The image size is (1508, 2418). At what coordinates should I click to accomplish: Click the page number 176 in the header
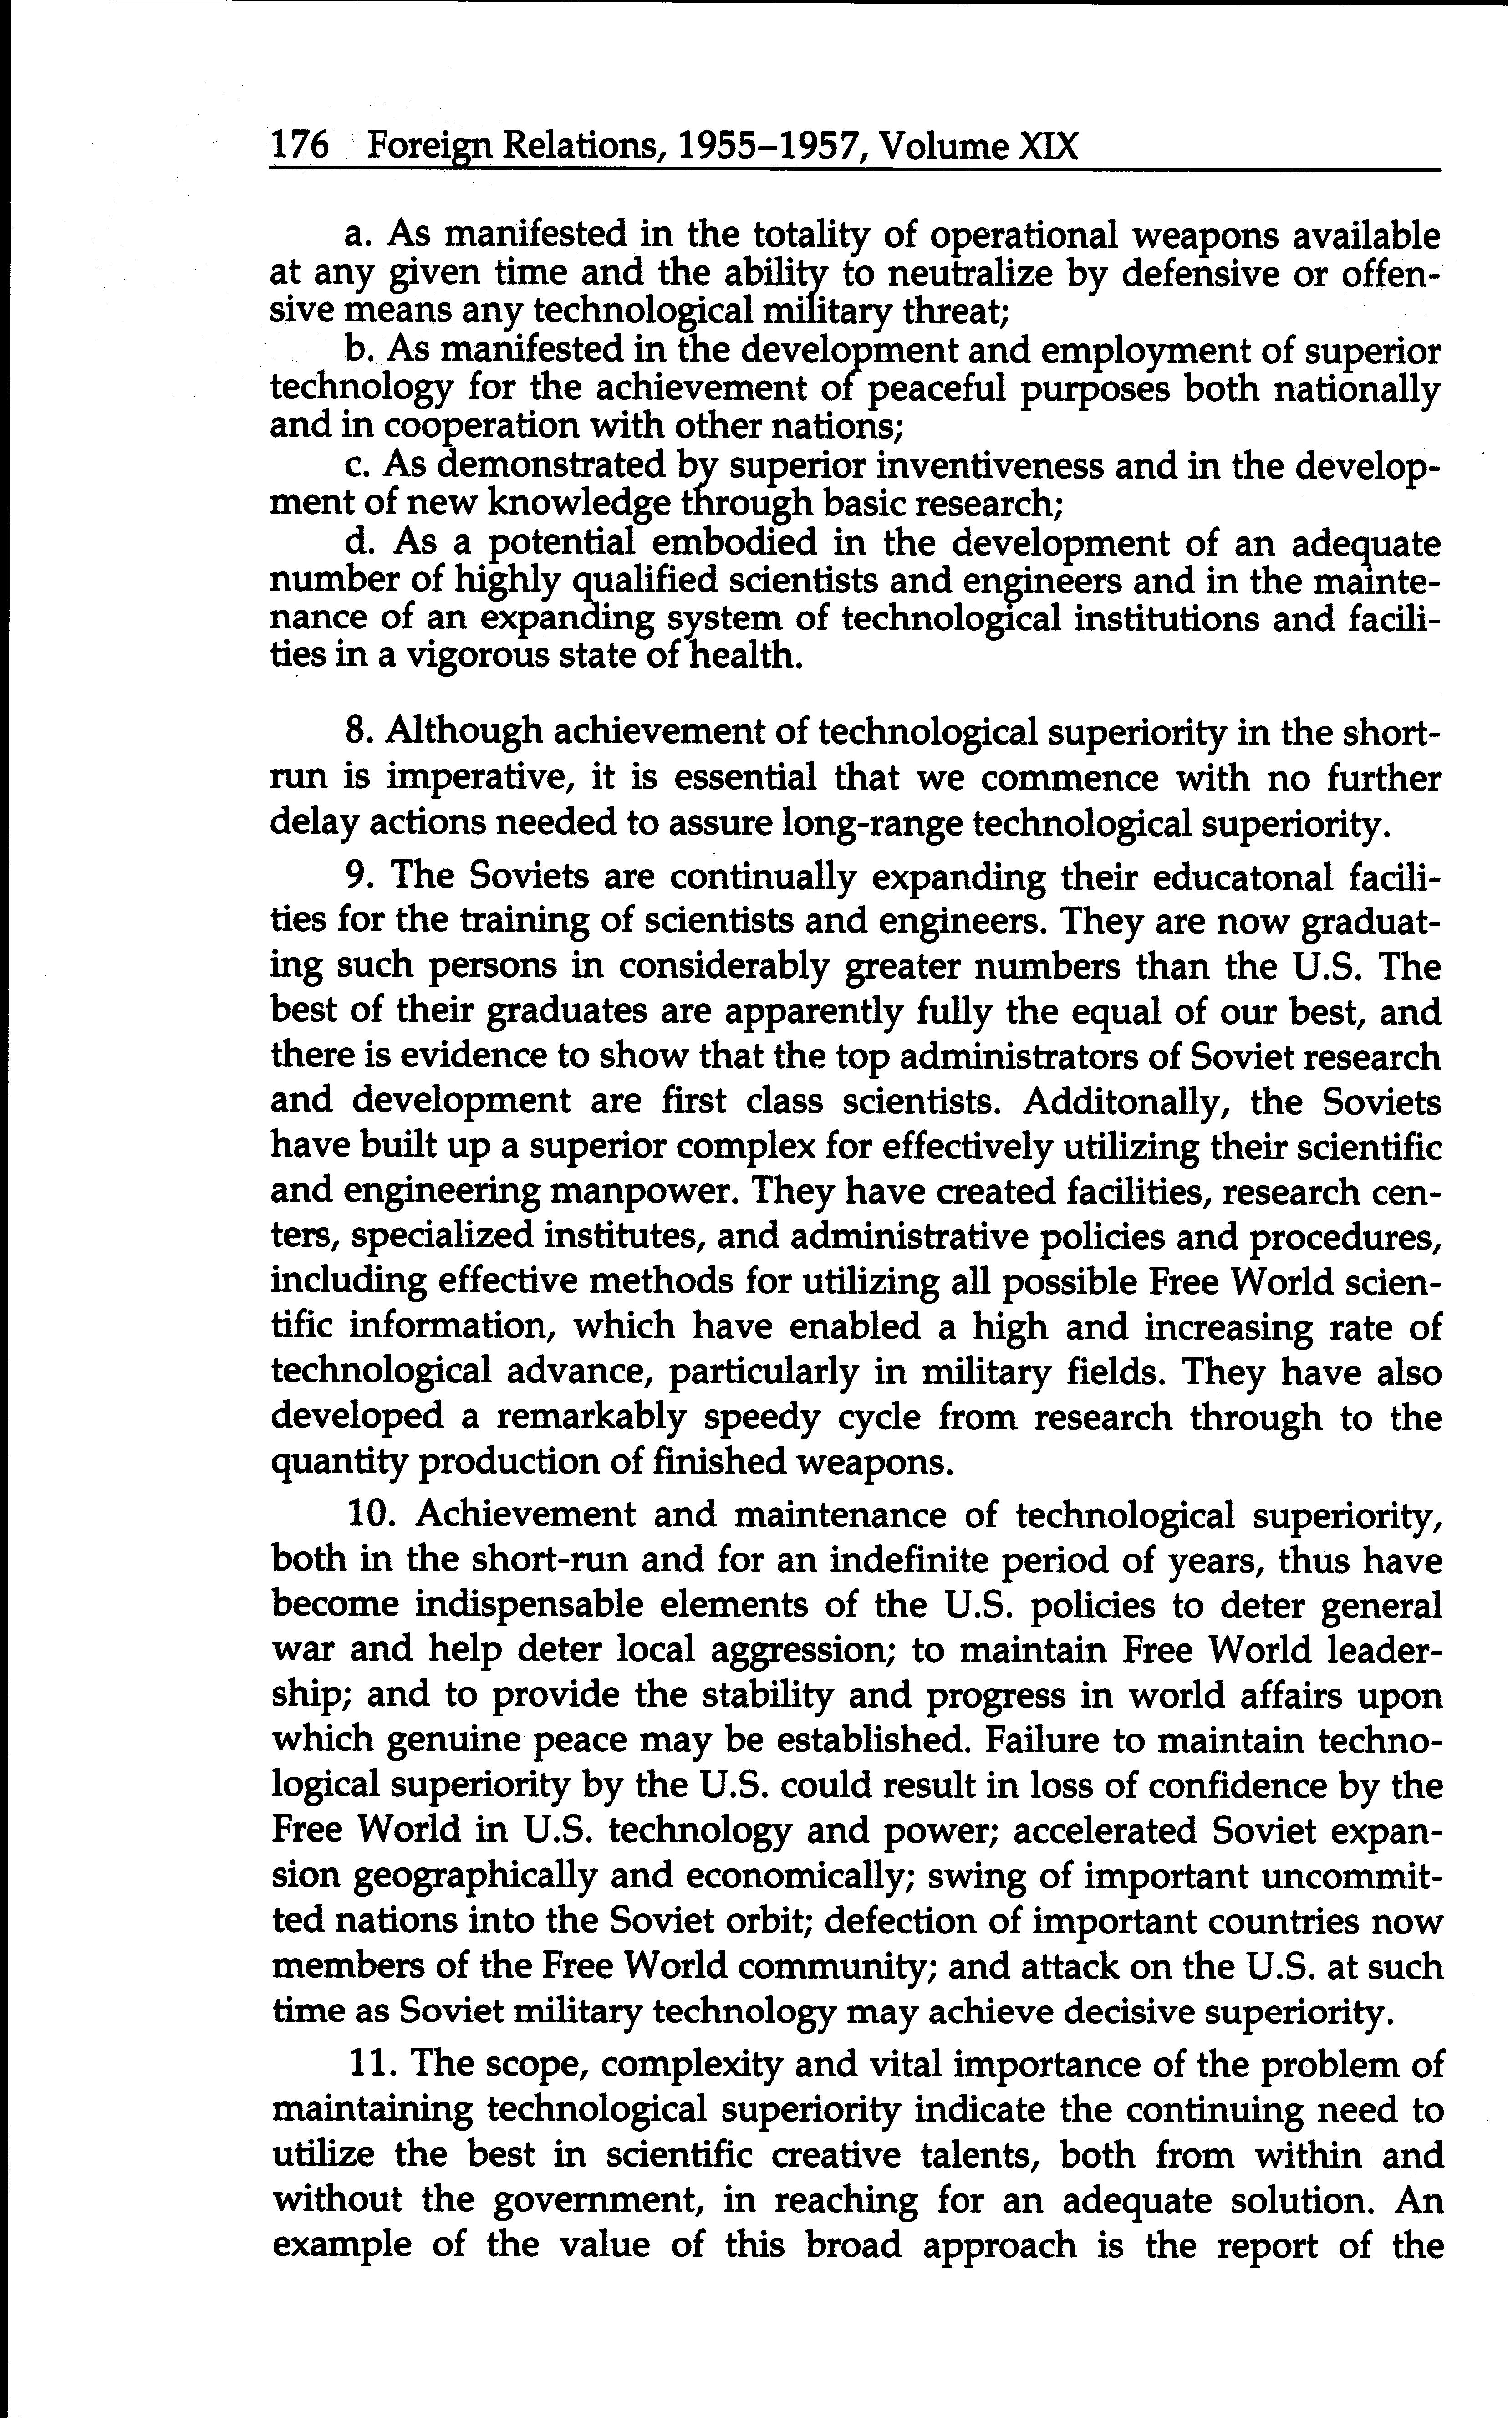point(299,147)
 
